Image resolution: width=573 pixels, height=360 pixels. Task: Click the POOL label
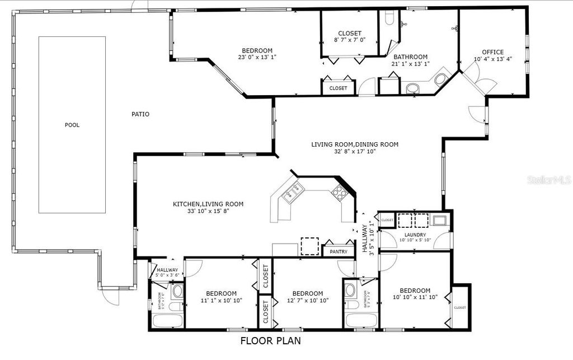click(72, 125)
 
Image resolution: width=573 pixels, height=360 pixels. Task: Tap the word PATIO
click(140, 114)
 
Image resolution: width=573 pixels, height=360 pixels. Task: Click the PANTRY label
click(339, 251)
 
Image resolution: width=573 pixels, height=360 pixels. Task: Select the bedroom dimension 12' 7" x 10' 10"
click(307, 300)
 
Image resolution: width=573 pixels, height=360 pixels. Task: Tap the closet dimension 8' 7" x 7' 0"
click(350, 40)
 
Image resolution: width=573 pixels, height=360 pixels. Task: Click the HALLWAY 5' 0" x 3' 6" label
click(167, 272)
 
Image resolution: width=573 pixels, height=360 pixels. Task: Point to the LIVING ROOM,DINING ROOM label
click(355, 148)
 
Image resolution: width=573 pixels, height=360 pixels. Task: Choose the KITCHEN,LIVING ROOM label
click(208, 207)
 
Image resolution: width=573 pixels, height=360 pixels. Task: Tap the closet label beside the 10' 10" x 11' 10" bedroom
click(459, 307)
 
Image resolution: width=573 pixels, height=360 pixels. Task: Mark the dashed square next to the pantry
click(309, 246)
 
